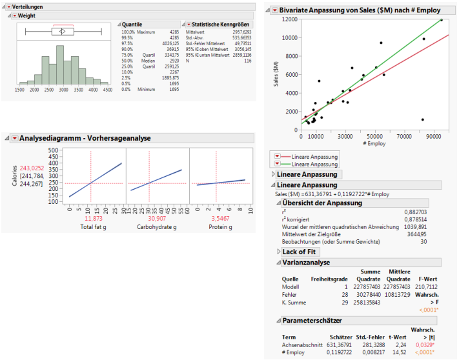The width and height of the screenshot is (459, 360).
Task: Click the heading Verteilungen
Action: pos(28,6)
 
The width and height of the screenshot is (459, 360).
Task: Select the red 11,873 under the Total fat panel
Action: pos(94,218)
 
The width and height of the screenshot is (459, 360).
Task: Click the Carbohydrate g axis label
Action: pos(157,227)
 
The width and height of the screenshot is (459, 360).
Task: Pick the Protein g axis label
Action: pos(221,227)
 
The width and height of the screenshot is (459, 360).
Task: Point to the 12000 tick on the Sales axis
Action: pos(290,20)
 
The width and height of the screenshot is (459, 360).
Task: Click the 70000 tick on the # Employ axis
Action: pos(405,137)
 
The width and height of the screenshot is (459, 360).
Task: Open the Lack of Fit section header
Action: pos(299,252)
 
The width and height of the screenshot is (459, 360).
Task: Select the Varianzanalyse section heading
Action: pos(307,263)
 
